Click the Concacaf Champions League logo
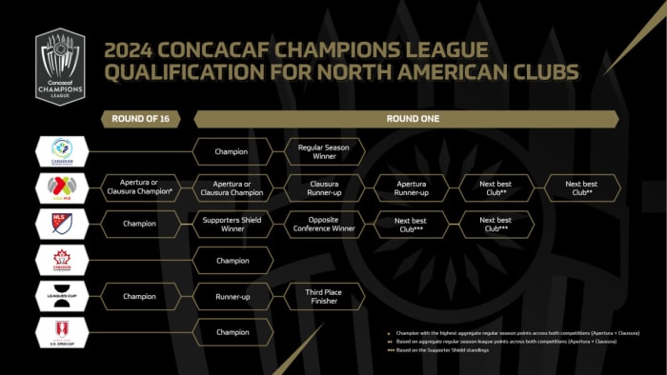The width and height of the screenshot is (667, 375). (x=59, y=65)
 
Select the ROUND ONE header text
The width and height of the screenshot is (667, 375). (x=405, y=119)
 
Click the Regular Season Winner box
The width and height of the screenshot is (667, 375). (x=325, y=151)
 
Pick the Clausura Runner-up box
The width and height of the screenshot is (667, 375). (x=325, y=187)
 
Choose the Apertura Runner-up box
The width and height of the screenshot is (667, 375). (x=411, y=187)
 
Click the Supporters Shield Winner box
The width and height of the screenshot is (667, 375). (x=232, y=224)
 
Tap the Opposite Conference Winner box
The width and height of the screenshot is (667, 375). (x=325, y=224)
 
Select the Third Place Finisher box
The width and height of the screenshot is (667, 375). (x=325, y=296)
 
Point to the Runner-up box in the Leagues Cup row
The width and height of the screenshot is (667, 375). (x=232, y=296)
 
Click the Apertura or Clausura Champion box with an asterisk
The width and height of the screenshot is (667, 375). (x=146, y=187)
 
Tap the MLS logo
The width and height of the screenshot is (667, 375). (x=61, y=224)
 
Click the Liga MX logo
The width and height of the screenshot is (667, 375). (x=61, y=187)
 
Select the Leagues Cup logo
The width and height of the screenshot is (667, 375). (x=61, y=296)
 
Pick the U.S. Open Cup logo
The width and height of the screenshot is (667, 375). (x=61, y=332)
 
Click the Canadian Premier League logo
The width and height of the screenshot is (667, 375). (x=61, y=151)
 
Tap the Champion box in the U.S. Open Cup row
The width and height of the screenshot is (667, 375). (x=232, y=332)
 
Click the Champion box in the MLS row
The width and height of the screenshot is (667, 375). (x=146, y=224)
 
